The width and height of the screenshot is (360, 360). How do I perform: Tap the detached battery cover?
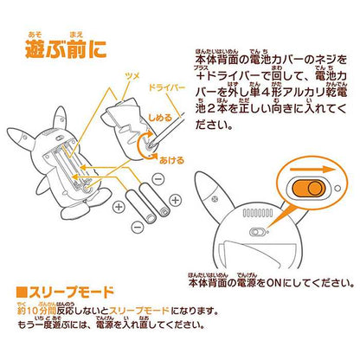click(134, 125)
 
